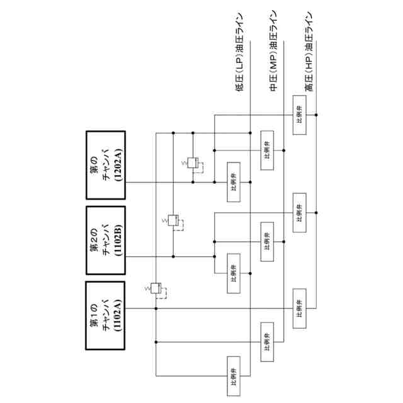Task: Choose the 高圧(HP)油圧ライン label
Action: click(x=309, y=54)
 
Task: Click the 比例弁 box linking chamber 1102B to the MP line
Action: click(x=267, y=241)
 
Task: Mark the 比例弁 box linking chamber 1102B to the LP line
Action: click(x=233, y=273)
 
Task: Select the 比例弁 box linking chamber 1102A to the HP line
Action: click(x=299, y=308)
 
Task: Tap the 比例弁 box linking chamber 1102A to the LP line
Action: click(x=233, y=376)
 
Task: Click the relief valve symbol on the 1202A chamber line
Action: click(x=195, y=164)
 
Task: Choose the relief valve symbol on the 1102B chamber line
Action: click(x=174, y=222)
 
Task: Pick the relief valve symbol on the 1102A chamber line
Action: click(x=156, y=289)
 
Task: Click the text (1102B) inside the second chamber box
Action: click(x=120, y=241)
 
